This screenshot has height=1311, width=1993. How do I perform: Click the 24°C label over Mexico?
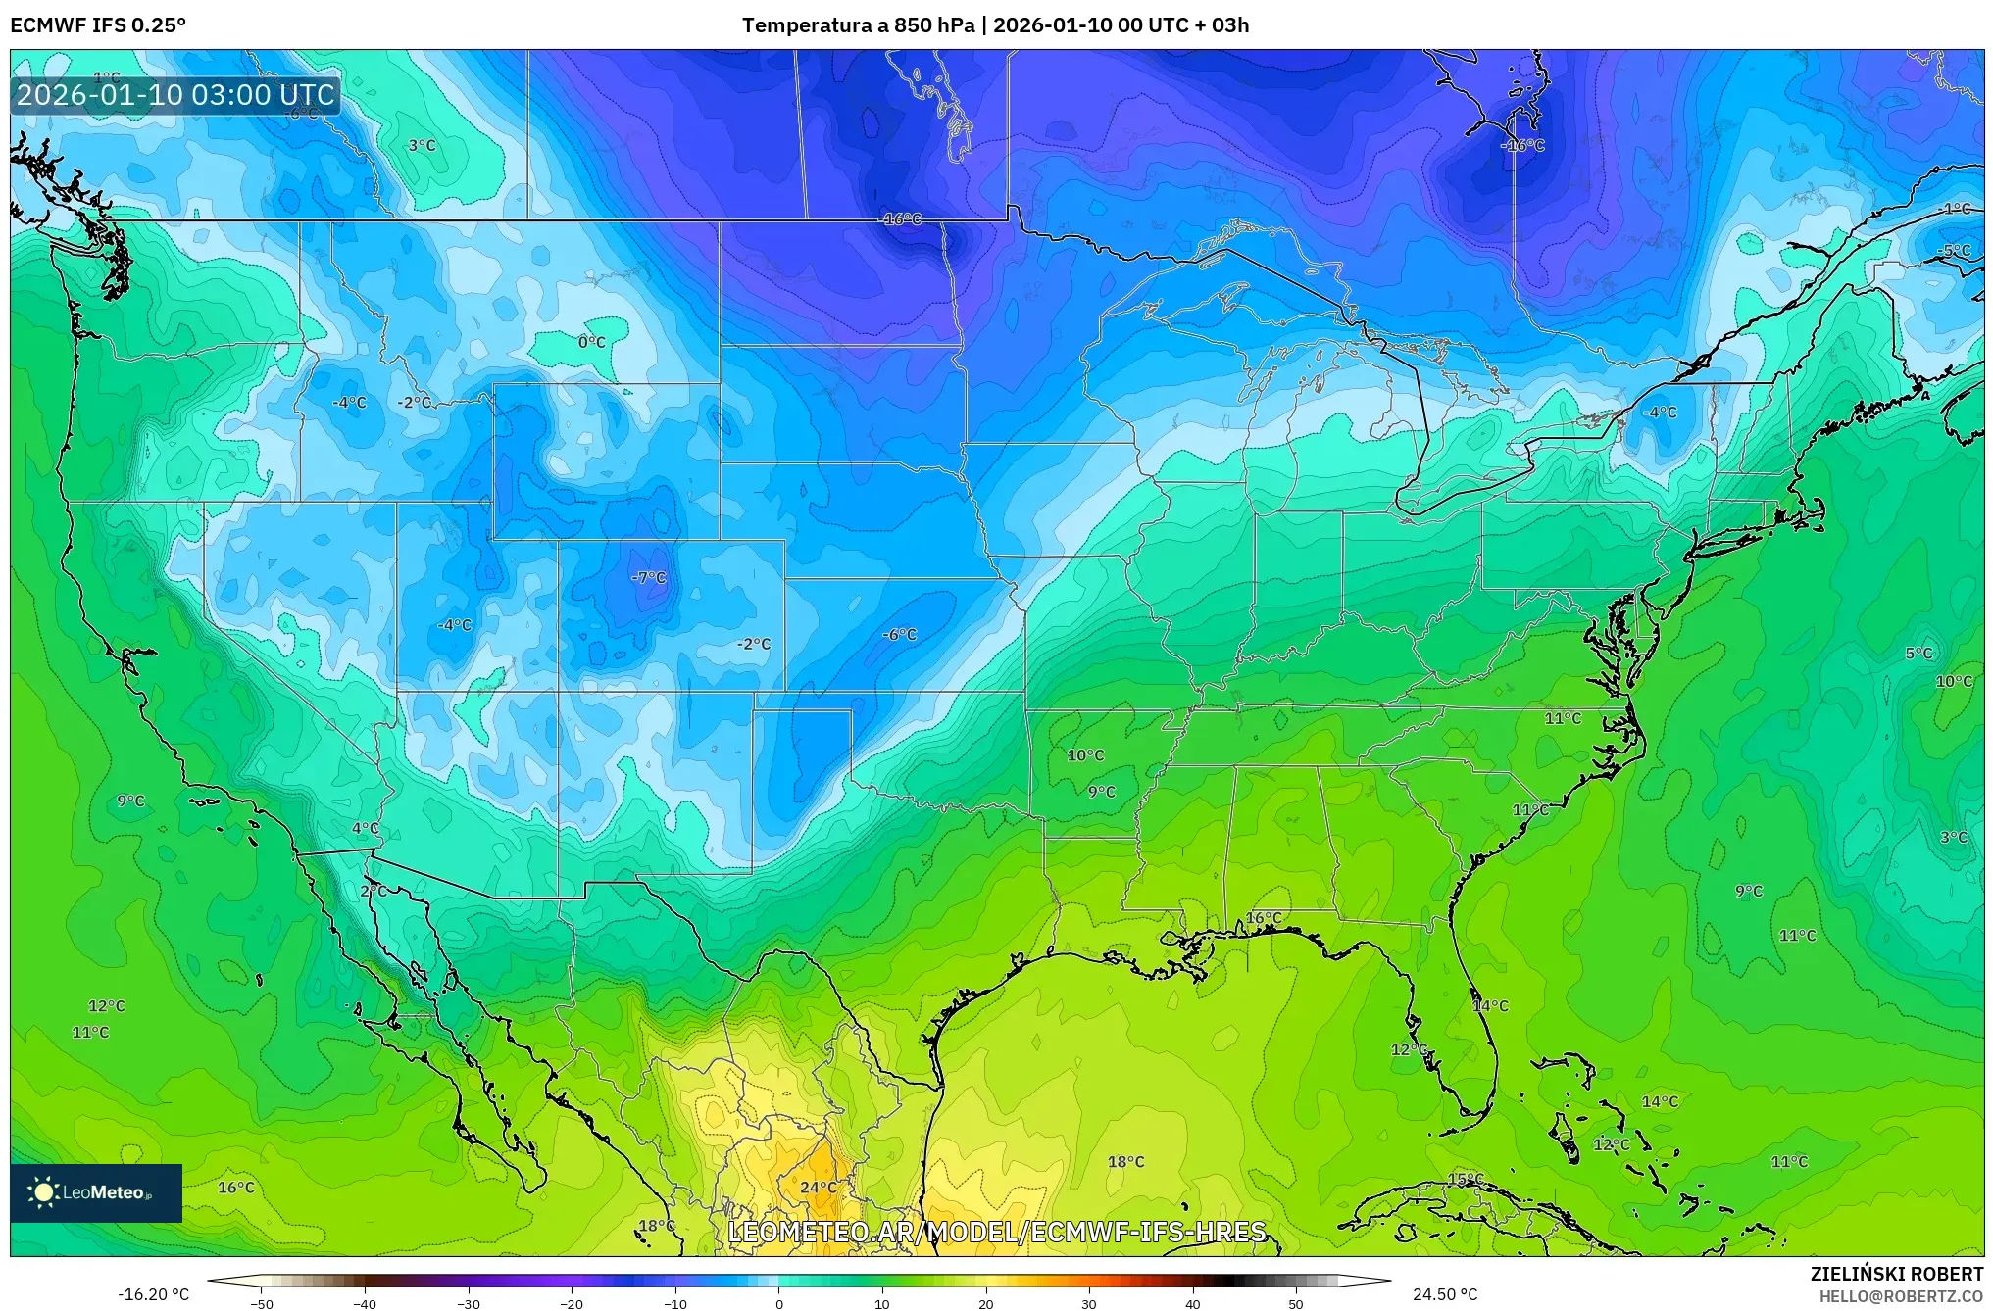(x=819, y=1188)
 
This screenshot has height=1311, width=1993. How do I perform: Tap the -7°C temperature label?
(x=648, y=578)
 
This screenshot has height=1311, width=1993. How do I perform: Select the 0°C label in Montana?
(x=591, y=343)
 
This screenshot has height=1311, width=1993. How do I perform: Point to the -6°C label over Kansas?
(x=899, y=635)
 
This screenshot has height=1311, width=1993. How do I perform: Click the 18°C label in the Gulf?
(x=1125, y=1162)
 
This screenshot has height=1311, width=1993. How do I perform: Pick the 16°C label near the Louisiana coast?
(x=1263, y=918)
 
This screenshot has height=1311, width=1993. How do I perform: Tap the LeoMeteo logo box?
(x=96, y=1192)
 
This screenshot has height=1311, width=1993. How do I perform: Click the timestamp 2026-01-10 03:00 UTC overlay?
(x=175, y=95)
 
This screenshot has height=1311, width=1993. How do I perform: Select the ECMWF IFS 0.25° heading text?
(x=98, y=25)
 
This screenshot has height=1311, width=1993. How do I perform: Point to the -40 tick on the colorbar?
(x=365, y=1304)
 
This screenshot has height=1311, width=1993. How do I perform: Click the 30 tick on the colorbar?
(x=1089, y=1304)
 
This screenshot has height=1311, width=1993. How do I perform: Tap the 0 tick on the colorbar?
(x=779, y=1304)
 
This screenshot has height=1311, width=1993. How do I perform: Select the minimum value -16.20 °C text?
(x=154, y=1294)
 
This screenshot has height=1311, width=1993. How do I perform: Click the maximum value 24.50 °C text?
(x=1444, y=1294)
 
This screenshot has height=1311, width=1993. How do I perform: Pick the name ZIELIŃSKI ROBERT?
(x=1896, y=1274)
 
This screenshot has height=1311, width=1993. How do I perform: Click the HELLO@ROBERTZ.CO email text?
(x=1901, y=1296)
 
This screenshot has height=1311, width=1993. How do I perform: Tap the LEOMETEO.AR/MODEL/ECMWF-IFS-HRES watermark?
(x=997, y=1232)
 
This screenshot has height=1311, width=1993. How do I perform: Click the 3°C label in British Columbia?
(x=422, y=146)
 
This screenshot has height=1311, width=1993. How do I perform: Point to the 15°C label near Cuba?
(x=1466, y=1179)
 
